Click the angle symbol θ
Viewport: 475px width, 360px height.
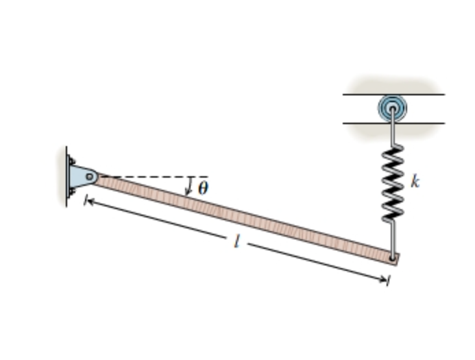203,189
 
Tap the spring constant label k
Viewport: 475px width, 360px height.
415,182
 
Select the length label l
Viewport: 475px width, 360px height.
236,242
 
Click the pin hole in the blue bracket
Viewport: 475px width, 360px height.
90,177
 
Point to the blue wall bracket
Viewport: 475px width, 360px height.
82,177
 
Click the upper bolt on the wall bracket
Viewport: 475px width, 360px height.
71,162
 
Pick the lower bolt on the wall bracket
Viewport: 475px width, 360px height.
71,191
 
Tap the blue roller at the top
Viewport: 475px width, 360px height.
392,108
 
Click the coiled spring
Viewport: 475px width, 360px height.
392,182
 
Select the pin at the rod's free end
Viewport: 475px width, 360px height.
392,259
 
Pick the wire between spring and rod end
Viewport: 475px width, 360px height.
392,237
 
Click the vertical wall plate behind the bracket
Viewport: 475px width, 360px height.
67,177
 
